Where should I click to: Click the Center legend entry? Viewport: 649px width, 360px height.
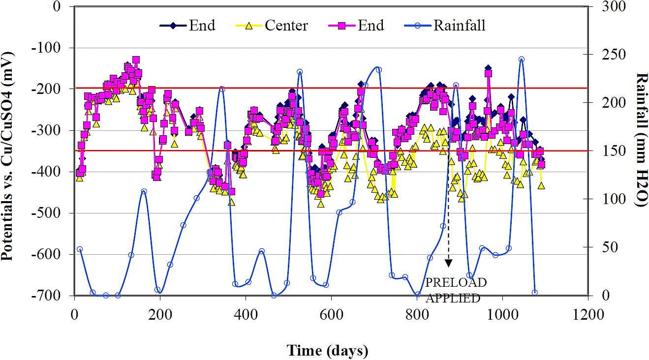[286, 26]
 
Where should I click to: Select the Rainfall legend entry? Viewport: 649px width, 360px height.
[459, 26]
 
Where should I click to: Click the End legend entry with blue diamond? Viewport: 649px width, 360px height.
[202, 26]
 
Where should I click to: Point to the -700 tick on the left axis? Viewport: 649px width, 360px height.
[51, 296]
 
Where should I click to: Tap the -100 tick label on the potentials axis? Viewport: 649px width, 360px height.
[51, 48]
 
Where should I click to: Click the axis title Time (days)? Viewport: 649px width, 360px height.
[327, 350]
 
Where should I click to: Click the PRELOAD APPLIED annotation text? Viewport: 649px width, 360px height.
[453, 290]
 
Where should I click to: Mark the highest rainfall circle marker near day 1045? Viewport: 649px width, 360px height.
[521, 60]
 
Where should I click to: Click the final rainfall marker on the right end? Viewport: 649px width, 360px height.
[535, 293]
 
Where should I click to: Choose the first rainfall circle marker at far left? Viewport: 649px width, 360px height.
[80, 249]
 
